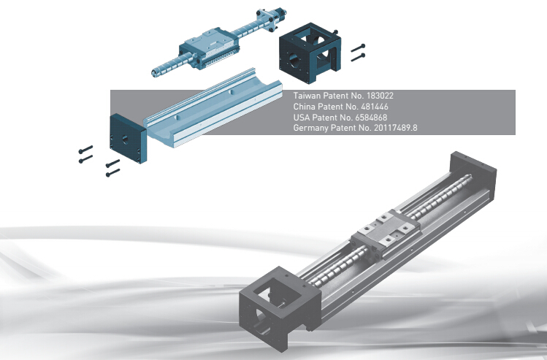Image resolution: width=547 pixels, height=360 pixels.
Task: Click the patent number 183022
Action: pos(380,96)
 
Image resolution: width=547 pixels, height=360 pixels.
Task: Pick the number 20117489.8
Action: pos(396,128)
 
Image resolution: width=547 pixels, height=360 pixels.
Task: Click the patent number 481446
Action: pos(375,107)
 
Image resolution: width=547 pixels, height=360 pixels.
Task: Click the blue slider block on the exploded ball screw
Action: pos(210,48)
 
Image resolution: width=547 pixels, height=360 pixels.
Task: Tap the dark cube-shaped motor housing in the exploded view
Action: pos(310,53)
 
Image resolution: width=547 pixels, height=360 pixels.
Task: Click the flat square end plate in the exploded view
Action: pos(128,139)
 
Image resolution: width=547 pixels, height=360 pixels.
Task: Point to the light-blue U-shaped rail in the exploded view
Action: pos(213,108)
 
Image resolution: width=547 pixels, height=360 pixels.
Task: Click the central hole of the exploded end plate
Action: pos(125,140)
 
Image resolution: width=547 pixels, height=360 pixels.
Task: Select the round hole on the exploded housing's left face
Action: pos(295,61)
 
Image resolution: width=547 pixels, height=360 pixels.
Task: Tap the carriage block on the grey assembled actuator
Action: pos(386,234)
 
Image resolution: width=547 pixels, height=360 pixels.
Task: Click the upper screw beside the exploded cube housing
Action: pos(358,48)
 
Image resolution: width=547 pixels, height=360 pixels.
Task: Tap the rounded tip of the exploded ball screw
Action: pos(154,73)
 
